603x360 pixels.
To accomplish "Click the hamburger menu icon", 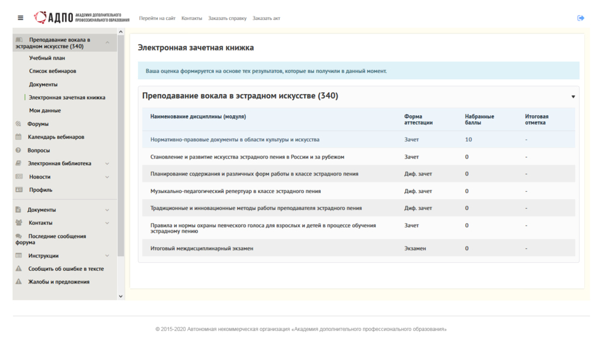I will [x=21, y=18].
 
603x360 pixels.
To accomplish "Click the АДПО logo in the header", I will [x=81, y=17].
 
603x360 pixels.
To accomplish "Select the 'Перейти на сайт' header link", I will [x=157, y=18].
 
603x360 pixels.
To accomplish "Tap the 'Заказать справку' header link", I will [x=227, y=18].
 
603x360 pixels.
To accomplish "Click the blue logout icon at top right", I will [x=581, y=18].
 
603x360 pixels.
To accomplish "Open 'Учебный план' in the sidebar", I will [x=47, y=58].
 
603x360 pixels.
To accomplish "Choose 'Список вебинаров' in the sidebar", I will [x=52, y=71].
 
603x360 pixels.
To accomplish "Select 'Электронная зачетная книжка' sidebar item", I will [x=67, y=97].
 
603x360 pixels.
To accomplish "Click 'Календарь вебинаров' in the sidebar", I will [x=56, y=137].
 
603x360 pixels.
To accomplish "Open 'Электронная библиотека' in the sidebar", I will [x=59, y=163].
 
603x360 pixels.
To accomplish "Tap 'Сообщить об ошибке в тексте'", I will [x=66, y=268].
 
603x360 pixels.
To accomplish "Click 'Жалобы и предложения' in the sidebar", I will [x=58, y=282].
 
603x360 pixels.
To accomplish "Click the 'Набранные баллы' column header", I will [x=479, y=119].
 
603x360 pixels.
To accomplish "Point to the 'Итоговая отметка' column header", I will [x=537, y=119].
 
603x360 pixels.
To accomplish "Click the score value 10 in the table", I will [x=468, y=139].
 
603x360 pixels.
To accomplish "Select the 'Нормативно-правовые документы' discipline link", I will [x=235, y=139].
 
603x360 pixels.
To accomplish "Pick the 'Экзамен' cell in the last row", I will [x=415, y=248].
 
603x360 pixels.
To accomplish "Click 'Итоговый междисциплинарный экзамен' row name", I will [x=201, y=248].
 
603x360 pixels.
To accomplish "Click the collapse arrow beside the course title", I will [x=573, y=96].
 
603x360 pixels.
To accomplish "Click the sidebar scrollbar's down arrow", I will [x=121, y=296].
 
